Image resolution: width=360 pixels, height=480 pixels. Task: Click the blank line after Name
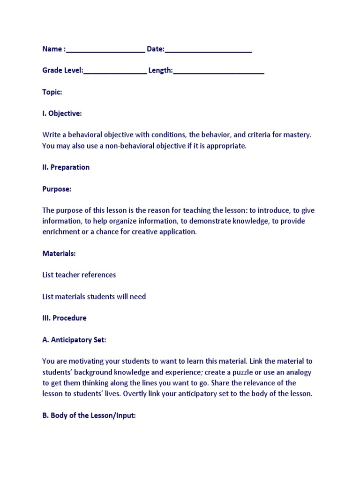(105, 50)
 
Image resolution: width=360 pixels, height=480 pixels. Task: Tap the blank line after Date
(209, 50)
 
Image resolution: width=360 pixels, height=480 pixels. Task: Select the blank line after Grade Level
(115, 72)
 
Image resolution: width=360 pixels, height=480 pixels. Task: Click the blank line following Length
(218, 72)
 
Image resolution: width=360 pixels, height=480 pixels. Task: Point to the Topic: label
(52, 92)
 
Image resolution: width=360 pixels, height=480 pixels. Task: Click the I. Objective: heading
(62, 113)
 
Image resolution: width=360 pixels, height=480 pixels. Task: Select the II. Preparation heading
(66, 167)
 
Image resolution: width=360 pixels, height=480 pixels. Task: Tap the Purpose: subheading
(57, 189)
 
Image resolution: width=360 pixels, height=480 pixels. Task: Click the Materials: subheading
(59, 253)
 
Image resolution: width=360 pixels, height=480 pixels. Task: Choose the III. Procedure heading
(64, 318)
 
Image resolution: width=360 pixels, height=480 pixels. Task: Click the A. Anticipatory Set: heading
(74, 339)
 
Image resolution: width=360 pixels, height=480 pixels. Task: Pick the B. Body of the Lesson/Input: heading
(89, 415)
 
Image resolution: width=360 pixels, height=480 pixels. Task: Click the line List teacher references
(79, 275)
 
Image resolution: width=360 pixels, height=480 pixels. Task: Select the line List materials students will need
(94, 296)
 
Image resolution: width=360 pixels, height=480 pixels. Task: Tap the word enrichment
(60, 232)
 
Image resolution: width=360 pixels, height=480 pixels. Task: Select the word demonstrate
(208, 221)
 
